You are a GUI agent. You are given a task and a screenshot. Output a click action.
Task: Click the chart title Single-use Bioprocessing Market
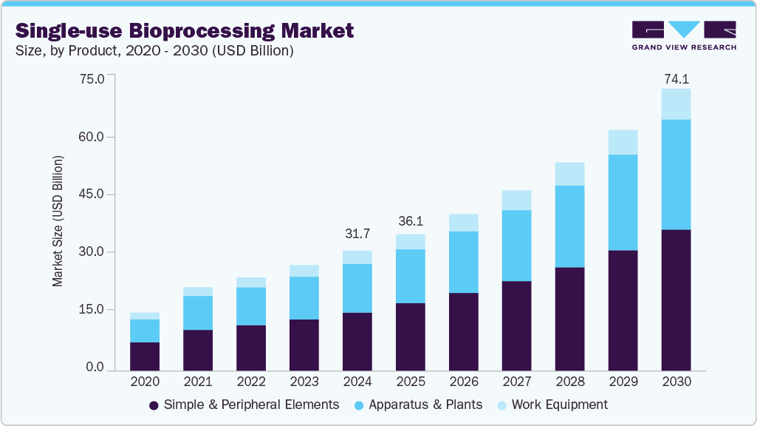(x=185, y=30)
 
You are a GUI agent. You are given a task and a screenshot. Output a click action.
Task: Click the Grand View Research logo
(x=684, y=35)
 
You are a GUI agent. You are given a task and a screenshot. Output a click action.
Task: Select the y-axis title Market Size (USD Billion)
(x=58, y=222)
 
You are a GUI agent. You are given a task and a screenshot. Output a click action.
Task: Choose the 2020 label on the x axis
(x=145, y=382)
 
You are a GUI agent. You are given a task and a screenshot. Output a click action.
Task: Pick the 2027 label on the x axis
(x=516, y=382)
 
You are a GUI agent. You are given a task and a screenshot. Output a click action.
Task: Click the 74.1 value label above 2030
(x=676, y=78)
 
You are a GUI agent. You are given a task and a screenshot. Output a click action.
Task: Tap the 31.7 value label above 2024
(x=357, y=234)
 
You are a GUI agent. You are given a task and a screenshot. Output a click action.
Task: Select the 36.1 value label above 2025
(x=410, y=221)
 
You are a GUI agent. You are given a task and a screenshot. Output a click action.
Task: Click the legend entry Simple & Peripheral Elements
(x=244, y=405)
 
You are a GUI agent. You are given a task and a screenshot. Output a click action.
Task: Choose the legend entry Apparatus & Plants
(x=419, y=405)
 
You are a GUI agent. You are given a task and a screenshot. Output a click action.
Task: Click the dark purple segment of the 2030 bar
(x=676, y=300)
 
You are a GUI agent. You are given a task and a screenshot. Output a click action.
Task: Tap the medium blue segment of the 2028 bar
(x=569, y=226)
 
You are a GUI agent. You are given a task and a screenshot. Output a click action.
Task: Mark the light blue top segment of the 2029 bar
(x=623, y=142)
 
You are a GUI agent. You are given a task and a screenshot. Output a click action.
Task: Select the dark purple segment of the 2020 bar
(x=145, y=356)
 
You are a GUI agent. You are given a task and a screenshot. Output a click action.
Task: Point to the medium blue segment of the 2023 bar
(x=304, y=298)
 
